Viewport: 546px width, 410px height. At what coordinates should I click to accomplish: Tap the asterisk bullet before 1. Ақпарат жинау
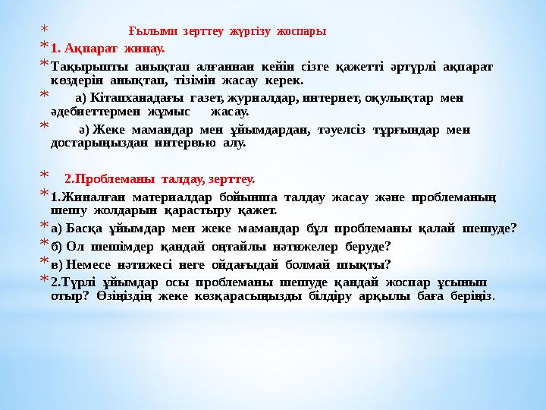point(44,46)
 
